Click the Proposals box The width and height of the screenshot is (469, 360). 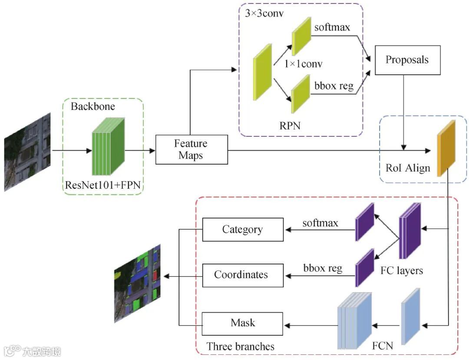coord(407,60)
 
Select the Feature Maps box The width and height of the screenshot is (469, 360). coord(191,149)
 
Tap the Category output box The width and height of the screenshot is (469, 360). coord(242,229)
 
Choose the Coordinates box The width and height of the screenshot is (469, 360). coord(242,275)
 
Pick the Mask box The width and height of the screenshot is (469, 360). coord(242,323)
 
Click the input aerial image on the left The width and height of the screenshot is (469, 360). coord(27,152)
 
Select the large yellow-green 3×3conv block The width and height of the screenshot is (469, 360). coord(263,72)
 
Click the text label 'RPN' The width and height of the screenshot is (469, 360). coord(290,126)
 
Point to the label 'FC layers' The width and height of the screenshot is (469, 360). coord(401,271)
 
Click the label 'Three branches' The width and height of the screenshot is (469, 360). coord(240,347)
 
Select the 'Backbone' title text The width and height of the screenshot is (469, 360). coord(93,106)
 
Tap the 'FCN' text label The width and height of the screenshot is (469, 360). coord(383,346)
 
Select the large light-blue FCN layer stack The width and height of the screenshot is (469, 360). coord(354,321)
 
